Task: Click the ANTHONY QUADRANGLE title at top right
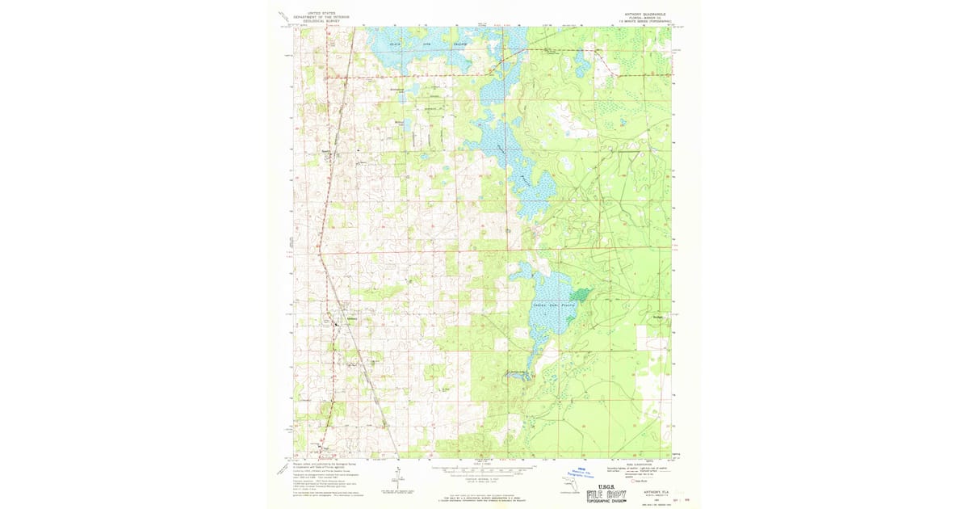[x=644, y=13]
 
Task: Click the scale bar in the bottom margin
[x=482, y=468]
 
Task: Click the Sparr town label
[x=327, y=150]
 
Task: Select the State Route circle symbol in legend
[x=636, y=479]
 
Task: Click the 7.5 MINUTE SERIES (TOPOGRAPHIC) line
[x=644, y=21]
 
